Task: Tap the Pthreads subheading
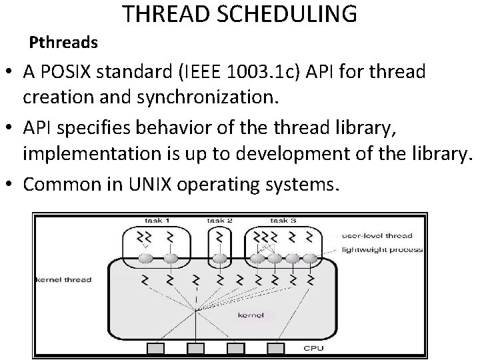pyautogui.click(x=64, y=43)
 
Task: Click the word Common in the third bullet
pyautogui.click(x=65, y=182)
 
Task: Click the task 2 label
pyautogui.click(x=219, y=221)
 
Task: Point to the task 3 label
pyautogui.click(x=283, y=221)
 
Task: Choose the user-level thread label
pyautogui.click(x=377, y=235)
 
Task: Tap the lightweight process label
pyautogui.click(x=381, y=249)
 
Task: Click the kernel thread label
pyautogui.click(x=63, y=279)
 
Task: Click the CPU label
pyautogui.click(x=314, y=348)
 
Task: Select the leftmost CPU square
pyautogui.click(x=156, y=349)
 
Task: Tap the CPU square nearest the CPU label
pyautogui.click(x=275, y=349)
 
